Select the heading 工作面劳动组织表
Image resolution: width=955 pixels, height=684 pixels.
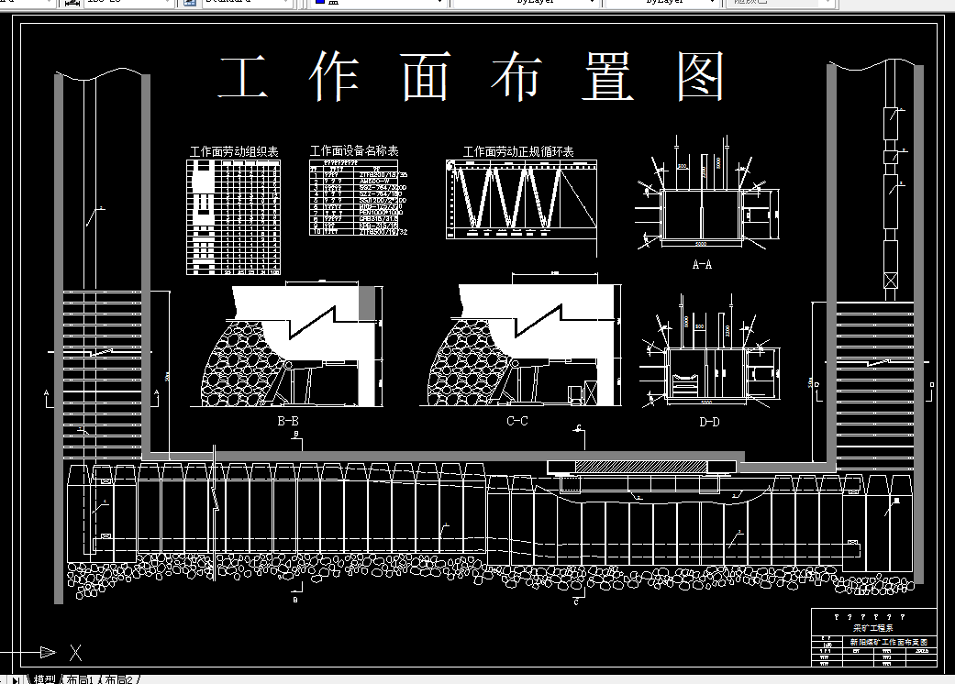(233, 151)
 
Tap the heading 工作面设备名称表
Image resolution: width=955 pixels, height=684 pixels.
(353, 150)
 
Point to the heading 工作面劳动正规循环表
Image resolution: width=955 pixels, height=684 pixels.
(517, 151)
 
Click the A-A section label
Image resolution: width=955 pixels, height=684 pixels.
(702, 264)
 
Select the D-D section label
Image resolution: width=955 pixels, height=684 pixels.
(708, 422)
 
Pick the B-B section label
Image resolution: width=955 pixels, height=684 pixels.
(287, 422)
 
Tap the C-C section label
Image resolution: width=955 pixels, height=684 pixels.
(516, 422)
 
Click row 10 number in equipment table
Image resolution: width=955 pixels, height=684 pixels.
(315, 233)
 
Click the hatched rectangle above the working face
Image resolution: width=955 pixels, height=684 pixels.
(642, 467)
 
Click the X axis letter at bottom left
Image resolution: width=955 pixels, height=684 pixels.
(76, 653)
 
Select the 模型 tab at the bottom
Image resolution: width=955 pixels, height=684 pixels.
(44, 679)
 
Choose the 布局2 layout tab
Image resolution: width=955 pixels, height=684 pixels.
(118, 679)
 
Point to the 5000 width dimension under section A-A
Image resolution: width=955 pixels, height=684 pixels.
(700, 246)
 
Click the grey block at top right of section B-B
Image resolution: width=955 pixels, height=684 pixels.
(367, 302)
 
